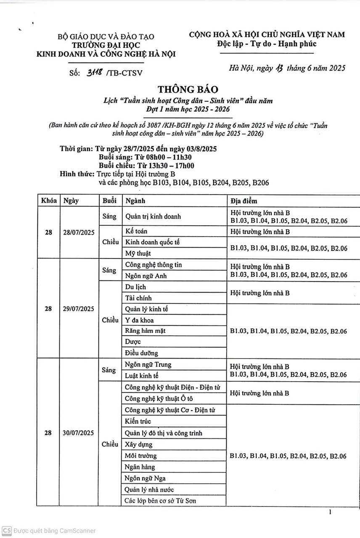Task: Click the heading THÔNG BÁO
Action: (188, 89)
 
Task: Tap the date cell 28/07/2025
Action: (79, 232)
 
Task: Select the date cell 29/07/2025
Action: (79, 309)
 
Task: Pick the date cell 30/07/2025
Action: (79, 433)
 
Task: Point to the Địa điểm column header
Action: (244, 201)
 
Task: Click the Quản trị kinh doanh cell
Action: (153, 216)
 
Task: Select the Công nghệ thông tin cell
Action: (154, 265)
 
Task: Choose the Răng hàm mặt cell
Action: (145, 331)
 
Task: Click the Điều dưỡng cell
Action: (142, 353)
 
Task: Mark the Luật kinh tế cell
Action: (142, 375)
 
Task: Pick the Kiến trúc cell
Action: (138, 421)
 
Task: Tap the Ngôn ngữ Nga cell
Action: (145, 478)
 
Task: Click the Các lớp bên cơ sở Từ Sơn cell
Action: (160, 501)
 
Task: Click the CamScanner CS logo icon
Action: (6, 530)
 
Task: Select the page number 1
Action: (331, 512)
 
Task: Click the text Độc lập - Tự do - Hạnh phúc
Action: (267, 44)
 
